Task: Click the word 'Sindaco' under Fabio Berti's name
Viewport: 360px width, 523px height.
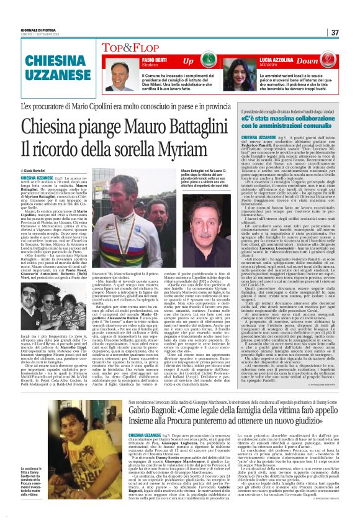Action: point(135,65)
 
